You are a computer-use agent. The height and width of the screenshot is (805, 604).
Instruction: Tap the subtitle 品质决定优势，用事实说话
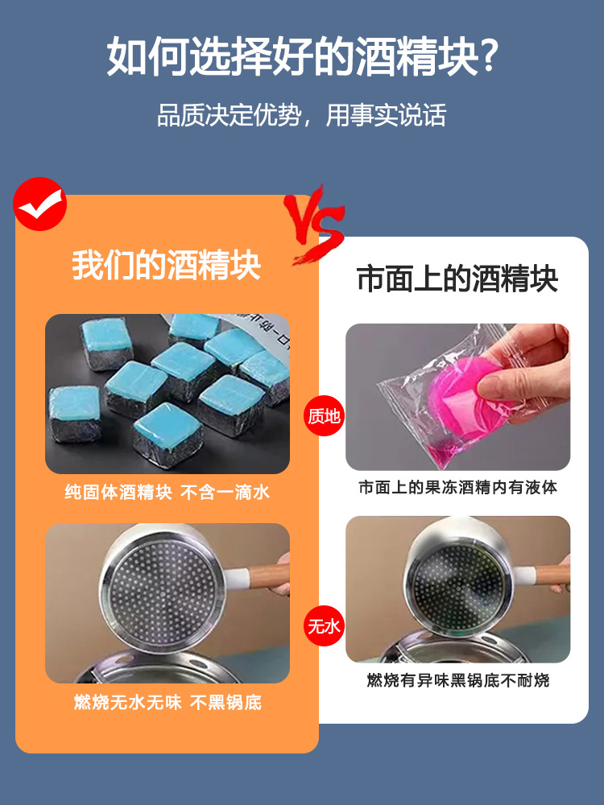coord(301,115)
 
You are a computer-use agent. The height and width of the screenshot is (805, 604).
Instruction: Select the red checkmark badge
coord(39,204)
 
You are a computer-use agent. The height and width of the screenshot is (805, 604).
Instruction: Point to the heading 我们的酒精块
coord(167,265)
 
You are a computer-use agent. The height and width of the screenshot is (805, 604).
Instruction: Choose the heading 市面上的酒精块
coord(457,279)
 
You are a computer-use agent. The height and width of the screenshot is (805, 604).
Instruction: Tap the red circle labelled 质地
coord(324,416)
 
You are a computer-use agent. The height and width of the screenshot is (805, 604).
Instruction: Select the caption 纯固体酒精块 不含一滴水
coord(167,493)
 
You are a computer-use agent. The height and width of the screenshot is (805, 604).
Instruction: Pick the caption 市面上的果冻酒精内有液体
coord(457,488)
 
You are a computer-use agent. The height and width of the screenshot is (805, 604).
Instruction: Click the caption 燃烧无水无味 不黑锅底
coord(167,703)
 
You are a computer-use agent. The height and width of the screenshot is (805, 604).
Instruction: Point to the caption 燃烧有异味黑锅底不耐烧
coord(457,681)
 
